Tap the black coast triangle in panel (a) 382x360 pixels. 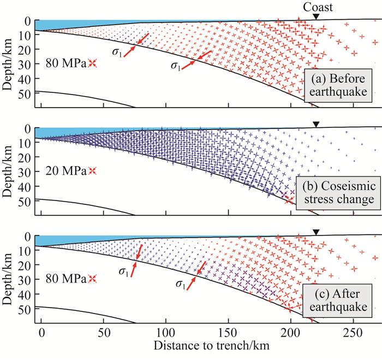pos(317,17)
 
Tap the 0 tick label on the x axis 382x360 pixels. pos(41,332)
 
